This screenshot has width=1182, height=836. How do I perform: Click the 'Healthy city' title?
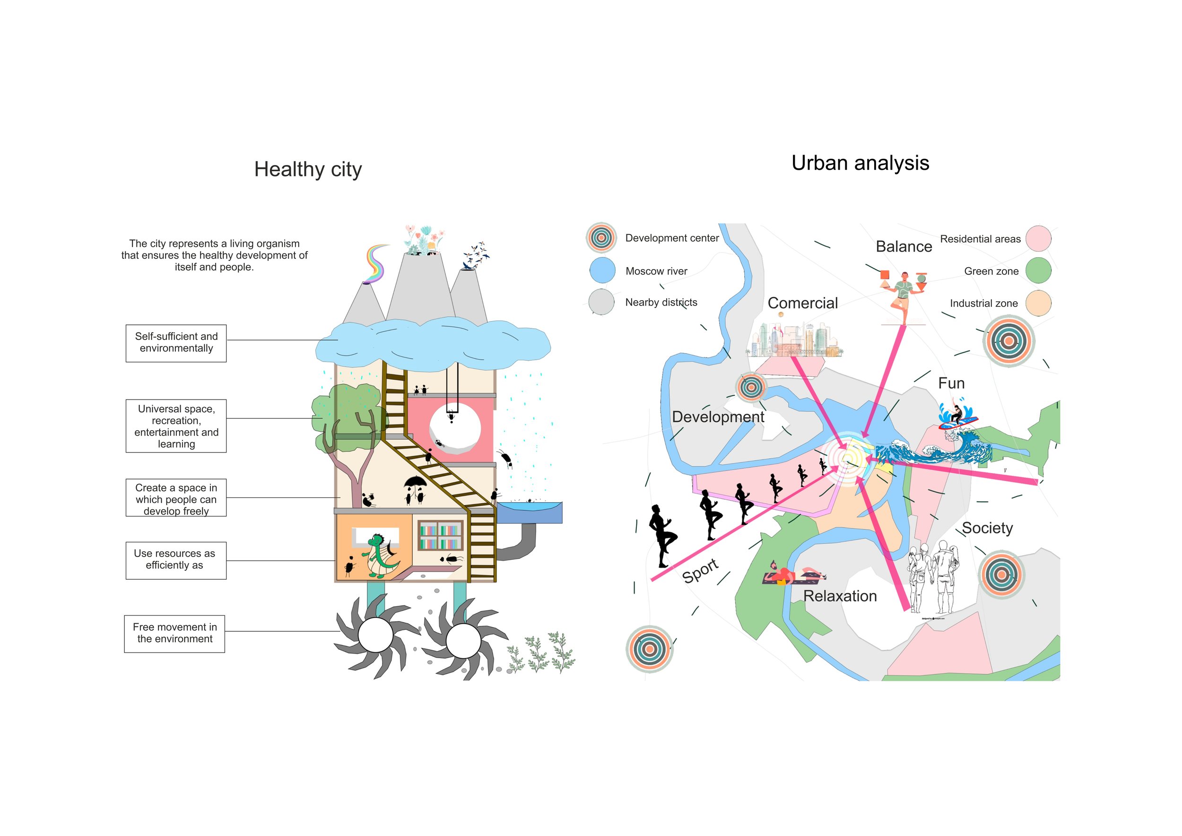[x=308, y=169]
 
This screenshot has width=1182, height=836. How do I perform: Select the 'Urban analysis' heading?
[x=860, y=163]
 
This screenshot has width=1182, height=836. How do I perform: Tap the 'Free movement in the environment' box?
[x=174, y=634]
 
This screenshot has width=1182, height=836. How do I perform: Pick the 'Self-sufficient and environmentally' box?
[x=176, y=343]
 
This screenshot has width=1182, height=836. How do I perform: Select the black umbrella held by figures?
[x=415, y=482]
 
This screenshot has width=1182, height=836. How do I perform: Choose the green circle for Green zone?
[x=1038, y=270]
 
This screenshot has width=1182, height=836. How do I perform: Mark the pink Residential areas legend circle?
[x=1038, y=238]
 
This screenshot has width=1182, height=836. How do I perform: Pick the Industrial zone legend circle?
[x=1038, y=303]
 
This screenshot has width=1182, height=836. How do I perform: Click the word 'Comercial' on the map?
[x=803, y=303]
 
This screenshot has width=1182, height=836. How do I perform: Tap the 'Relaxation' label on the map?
[x=840, y=596]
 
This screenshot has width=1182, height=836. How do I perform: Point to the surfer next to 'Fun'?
[x=956, y=414]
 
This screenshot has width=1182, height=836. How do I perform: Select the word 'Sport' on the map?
[x=700, y=570]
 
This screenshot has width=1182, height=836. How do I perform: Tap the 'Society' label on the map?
[x=987, y=528]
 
